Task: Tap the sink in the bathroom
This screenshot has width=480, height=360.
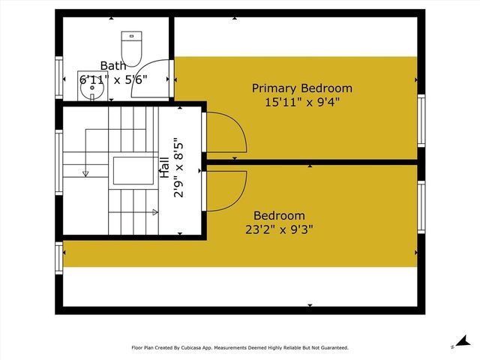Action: pos(91,90)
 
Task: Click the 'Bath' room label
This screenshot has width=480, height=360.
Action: pos(115,66)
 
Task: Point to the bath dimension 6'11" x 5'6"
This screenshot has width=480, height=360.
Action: pos(115,78)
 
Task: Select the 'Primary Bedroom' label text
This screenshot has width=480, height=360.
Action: pos(301,88)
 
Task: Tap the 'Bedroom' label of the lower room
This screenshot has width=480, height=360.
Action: pos(279,215)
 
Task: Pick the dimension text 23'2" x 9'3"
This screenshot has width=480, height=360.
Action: pos(279,229)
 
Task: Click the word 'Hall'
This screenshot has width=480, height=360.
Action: pos(164,166)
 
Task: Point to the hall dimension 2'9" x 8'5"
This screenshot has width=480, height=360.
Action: pos(178,166)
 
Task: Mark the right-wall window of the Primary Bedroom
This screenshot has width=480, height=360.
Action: pos(421,121)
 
